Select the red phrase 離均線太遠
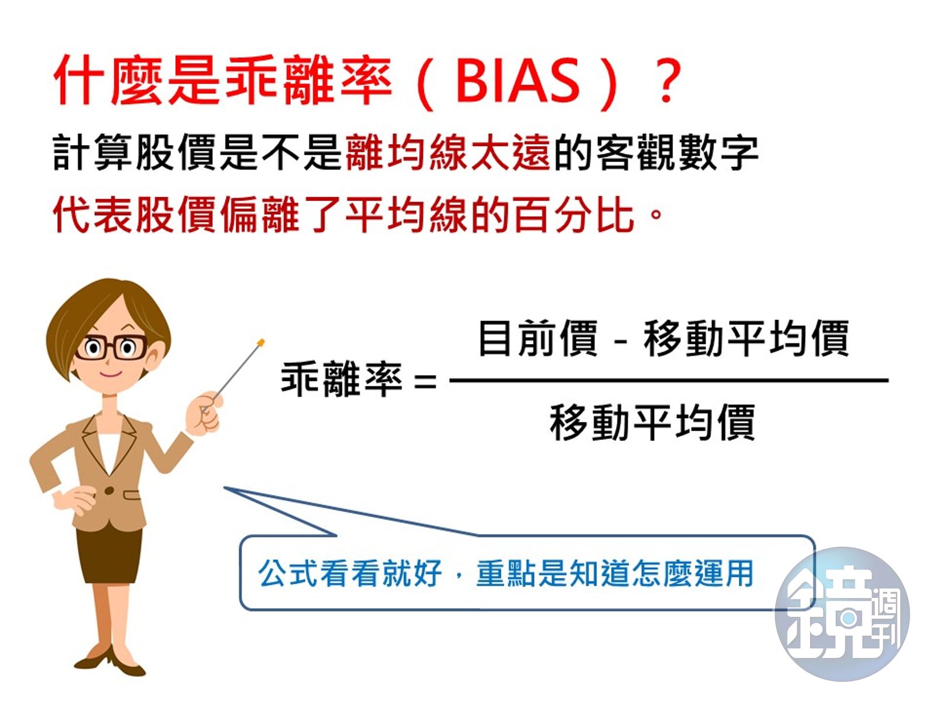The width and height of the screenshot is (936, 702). click(448, 152)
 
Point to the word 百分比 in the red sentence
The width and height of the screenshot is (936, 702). click(573, 215)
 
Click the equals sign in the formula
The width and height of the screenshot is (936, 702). click(425, 381)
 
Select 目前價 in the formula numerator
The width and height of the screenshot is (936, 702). click(538, 338)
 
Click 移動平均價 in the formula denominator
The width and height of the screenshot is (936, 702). click(652, 422)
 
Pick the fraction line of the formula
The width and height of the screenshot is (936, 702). click(669, 380)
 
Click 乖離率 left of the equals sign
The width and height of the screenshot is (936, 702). click(341, 379)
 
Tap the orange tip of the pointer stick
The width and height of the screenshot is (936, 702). click(261, 342)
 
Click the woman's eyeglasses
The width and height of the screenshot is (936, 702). click(111, 348)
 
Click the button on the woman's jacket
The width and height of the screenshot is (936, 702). click(109, 491)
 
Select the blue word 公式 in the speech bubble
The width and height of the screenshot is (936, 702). click(288, 573)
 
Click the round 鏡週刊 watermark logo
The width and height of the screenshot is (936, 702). click(842, 614)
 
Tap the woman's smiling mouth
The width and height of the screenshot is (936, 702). click(111, 374)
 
